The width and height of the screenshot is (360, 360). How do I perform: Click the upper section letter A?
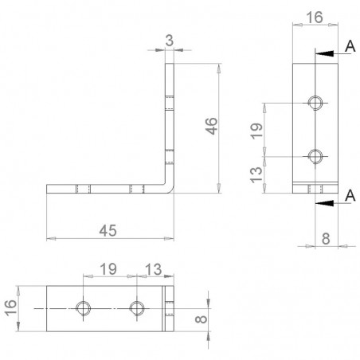(x=350, y=47)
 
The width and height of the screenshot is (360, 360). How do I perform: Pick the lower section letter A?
(x=350, y=196)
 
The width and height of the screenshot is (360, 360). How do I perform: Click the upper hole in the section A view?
(x=316, y=103)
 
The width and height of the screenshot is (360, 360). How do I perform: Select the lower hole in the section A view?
(x=316, y=155)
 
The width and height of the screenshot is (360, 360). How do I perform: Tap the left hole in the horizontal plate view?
(x=83, y=307)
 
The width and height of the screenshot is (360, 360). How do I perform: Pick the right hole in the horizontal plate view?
(x=137, y=307)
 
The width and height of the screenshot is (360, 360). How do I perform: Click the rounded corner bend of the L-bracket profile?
(x=170, y=189)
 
